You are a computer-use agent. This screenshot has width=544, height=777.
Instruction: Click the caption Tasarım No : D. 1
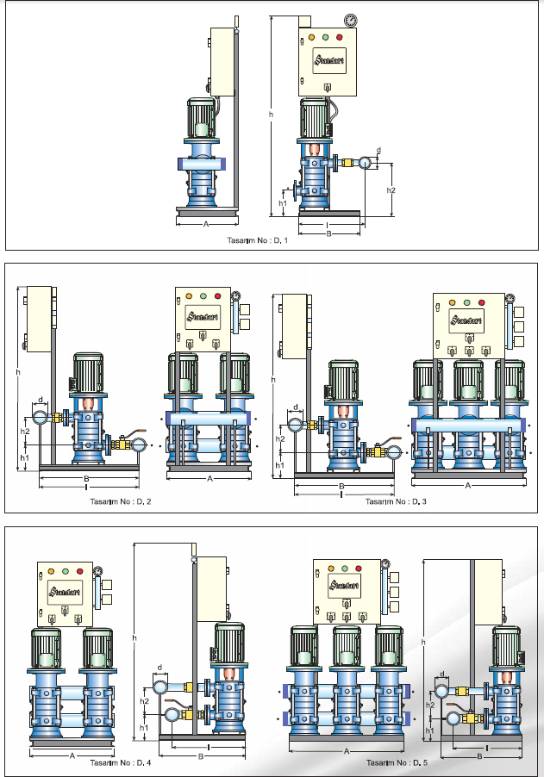[x=257, y=240]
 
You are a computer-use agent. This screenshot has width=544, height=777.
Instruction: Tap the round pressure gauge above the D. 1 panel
[x=351, y=21]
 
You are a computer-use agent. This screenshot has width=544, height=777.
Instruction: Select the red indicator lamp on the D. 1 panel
[x=340, y=38]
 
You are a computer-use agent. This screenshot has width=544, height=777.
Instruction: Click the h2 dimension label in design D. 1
[x=391, y=190]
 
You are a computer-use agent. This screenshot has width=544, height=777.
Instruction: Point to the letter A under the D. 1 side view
[x=205, y=224]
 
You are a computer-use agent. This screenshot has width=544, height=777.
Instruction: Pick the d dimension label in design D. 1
[x=378, y=150]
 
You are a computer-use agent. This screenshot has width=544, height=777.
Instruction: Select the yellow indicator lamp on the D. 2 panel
[x=189, y=296]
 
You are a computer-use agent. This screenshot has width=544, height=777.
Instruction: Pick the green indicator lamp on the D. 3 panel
[x=466, y=302]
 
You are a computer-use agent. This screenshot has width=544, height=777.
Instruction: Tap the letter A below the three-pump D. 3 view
[x=466, y=486]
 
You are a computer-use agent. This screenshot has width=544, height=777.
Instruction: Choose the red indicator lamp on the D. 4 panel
[x=80, y=570]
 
